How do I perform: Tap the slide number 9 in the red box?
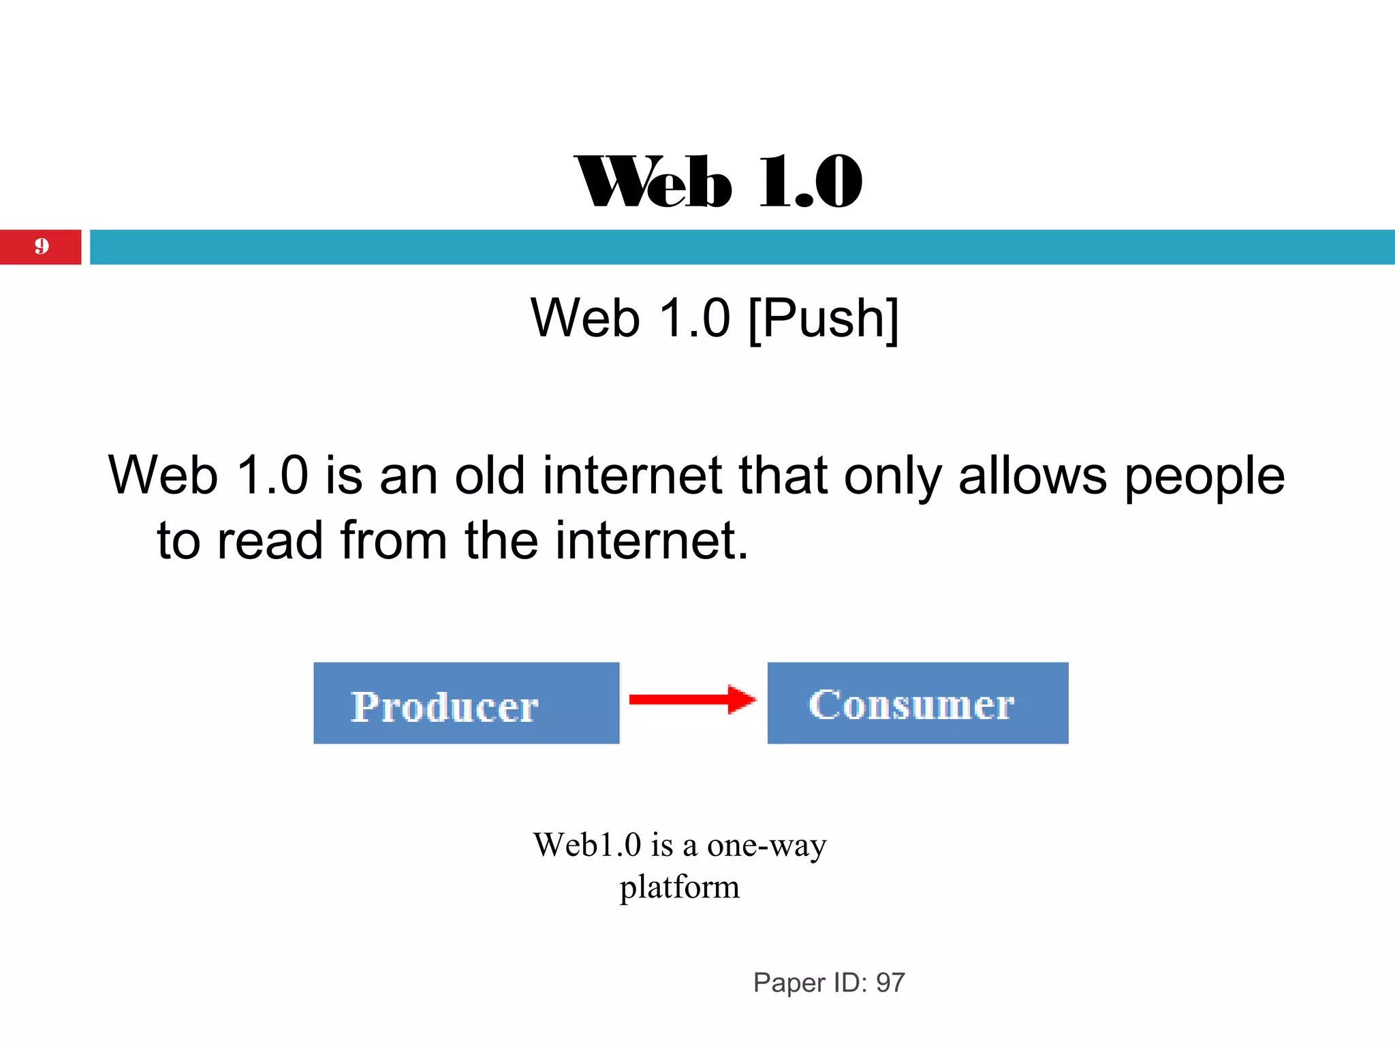[42, 246]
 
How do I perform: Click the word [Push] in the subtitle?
[824, 319]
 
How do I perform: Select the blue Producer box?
[466, 703]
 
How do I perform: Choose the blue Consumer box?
[918, 703]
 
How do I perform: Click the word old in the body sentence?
[490, 475]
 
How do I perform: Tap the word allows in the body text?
[1032, 475]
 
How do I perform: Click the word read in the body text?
[270, 541]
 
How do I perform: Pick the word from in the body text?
[394, 541]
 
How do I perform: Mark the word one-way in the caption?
[766, 846]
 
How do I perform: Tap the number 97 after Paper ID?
[890, 983]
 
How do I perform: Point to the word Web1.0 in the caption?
[587, 845]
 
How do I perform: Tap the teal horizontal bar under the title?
[742, 247]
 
